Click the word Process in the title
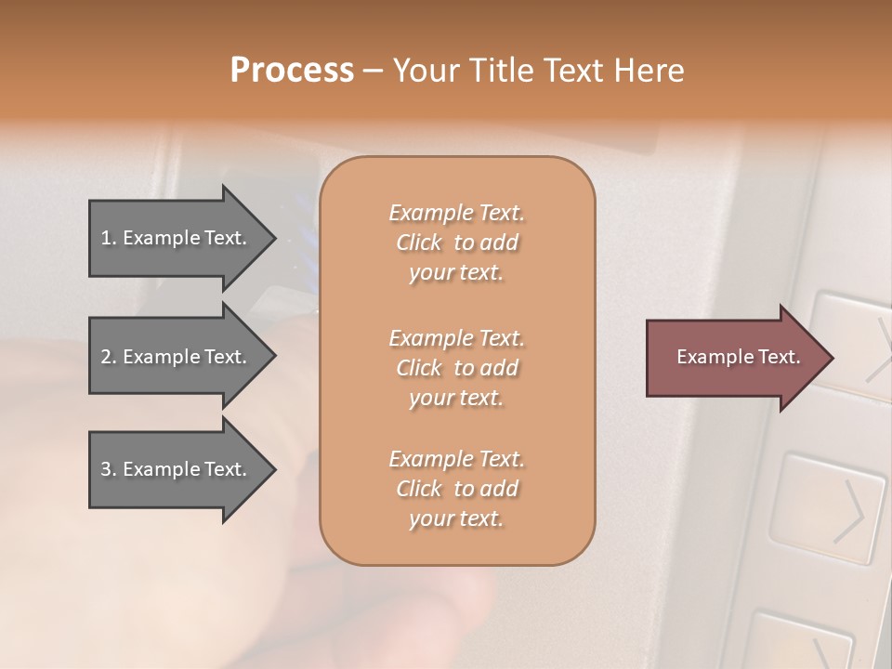(292, 71)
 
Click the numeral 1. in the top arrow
(109, 238)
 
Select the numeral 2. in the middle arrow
(109, 357)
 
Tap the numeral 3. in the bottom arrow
(109, 469)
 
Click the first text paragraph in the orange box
(456, 243)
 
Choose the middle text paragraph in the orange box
(456, 368)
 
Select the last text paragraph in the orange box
(456, 489)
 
